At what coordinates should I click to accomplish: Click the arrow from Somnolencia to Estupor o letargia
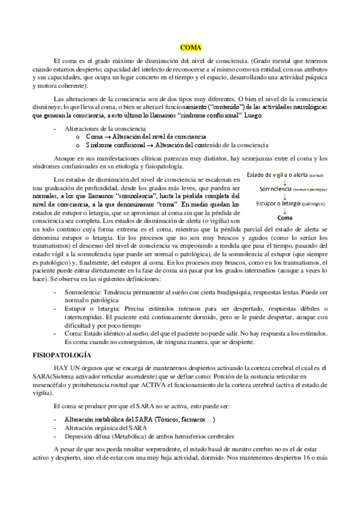285,196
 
